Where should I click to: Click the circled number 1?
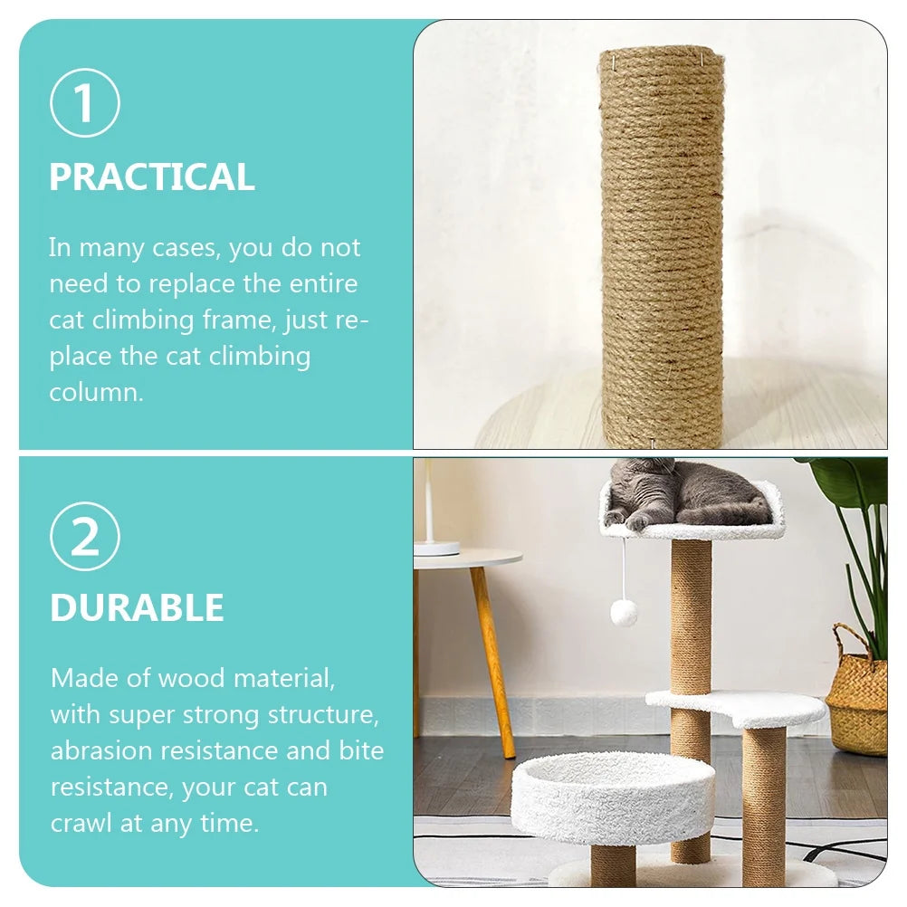(x=84, y=103)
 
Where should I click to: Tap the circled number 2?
(x=84, y=537)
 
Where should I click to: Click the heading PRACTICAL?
(x=151, y=177)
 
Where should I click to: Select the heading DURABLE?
(x=137, y=608)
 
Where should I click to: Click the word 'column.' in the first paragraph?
(x=96, y=393)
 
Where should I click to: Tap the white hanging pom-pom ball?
(x=623, y=613)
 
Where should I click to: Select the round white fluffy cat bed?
(x=613, y=797)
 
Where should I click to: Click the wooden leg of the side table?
(x=492, y=661)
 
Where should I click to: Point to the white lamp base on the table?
(x=436, y=548)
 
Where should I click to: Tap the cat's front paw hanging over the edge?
(x=638, y=521)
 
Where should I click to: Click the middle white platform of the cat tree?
(x=735, y=707)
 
